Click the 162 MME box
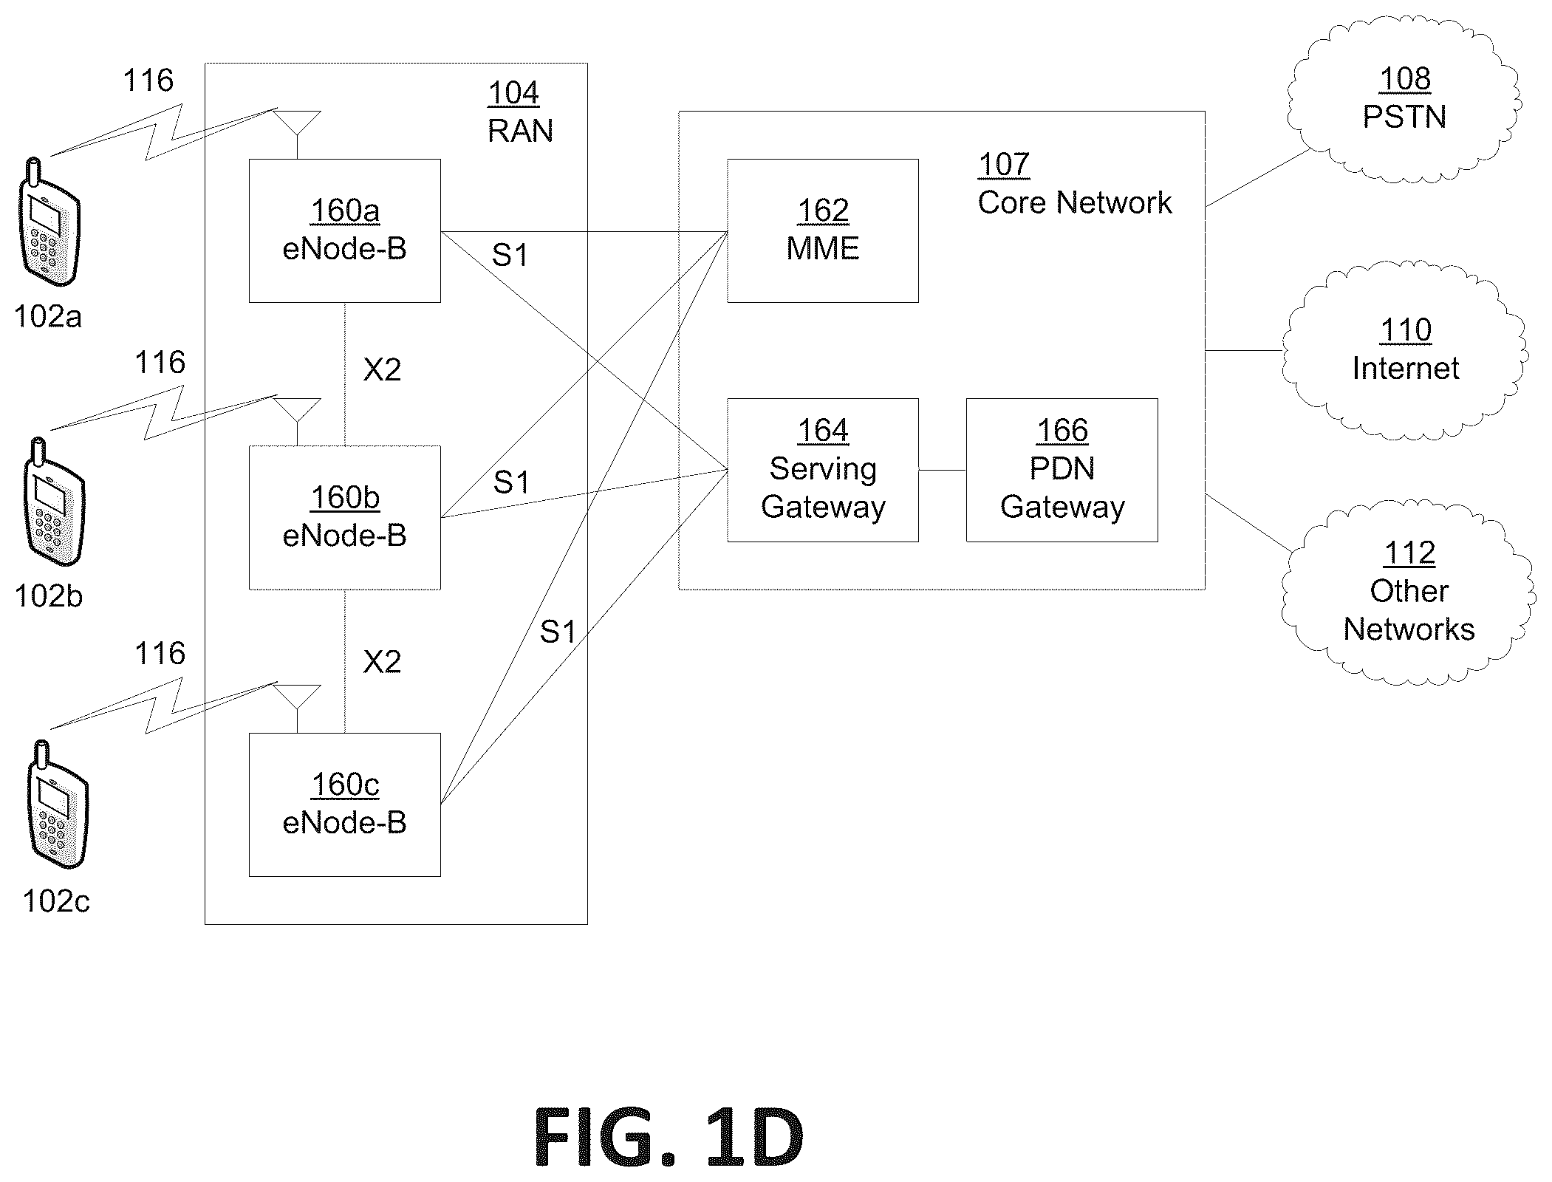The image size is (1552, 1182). point(823,230)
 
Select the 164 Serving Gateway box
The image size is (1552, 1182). point(823,470)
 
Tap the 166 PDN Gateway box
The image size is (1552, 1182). point(1062,470)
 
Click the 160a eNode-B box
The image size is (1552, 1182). point(345,230)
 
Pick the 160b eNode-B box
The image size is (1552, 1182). point(345,517)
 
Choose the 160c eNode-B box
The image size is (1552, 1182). point(345,804)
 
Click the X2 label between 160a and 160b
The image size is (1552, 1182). point(382,369)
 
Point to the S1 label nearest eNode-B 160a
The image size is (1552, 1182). point(510,255)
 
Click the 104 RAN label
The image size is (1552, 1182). point(520,112)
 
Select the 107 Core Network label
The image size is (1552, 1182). point(1074,183)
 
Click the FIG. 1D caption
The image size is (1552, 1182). point(669,1137)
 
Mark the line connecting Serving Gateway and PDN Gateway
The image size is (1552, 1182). point(943,470)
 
